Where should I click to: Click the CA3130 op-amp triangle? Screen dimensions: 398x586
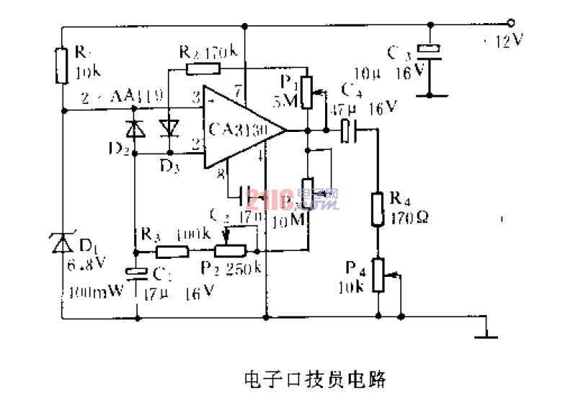point(238,130)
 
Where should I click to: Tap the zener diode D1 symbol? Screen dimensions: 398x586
point(63,244)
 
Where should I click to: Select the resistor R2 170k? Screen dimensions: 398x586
point(203,69)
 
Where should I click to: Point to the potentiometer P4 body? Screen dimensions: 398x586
point(377,276)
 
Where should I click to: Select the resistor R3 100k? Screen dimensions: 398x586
point(172,252)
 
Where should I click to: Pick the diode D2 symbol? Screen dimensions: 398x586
point(134,130)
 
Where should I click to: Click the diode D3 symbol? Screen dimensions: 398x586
point(169,128)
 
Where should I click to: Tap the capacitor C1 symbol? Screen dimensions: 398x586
point(136,272)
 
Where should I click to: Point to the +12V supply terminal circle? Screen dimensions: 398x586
point(512,24)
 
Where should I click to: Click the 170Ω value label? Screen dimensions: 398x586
point(408,215)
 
